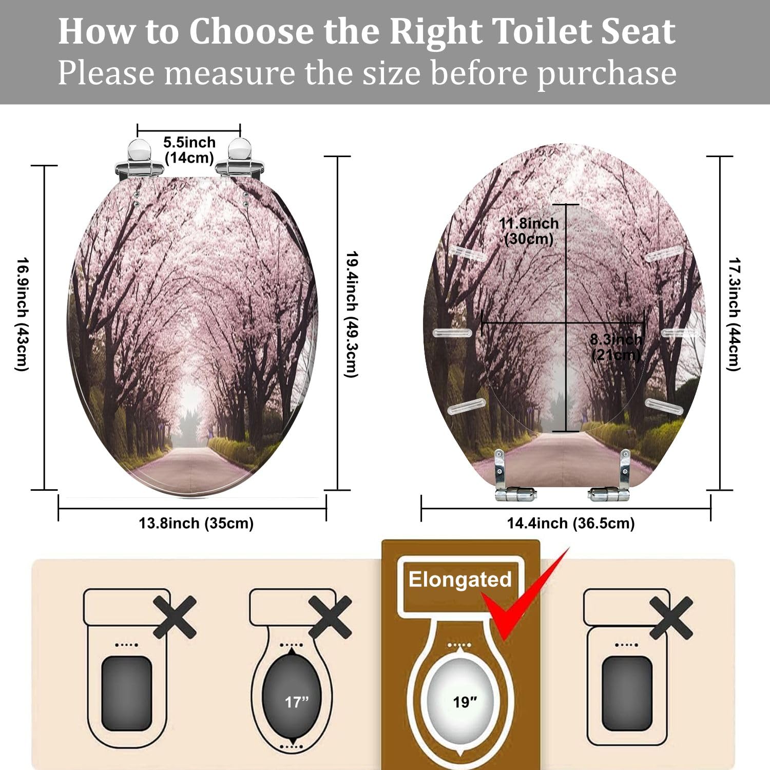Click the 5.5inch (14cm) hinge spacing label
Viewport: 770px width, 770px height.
pyautogui.click(x=189, y=150)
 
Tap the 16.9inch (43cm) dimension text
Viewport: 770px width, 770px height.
pyautogui.click(x=22, y=314)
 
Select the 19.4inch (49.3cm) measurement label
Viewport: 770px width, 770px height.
pyautogui.click(x=351, y=314)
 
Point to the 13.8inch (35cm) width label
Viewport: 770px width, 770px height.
pyautogui.click(x=196, y=524)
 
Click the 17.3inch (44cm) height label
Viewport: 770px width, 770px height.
pyautogui.click(x=735, y=314)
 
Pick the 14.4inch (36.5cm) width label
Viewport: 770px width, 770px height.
pyautogui.click(x=571, y=524)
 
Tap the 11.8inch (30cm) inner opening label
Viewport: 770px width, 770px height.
pyautogui.click(x=529, y=231)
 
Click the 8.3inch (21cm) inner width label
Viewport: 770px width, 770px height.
pyautogui.click(x=615, y=347)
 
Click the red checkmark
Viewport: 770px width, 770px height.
pyautogui.click(x=524, y=595)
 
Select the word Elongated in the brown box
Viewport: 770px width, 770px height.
pyautogui.click(x=460, y=580)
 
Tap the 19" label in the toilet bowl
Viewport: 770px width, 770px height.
pyautogui.click(x=465, y=702)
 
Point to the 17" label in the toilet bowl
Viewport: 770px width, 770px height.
pyautogui.click(x=297, y=702)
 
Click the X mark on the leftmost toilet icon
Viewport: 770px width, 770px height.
pyautogui.click(x=175, y=617)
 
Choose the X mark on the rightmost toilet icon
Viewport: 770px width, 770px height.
pyautogui.click(x=671, y=617)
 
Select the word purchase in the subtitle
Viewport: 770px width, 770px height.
pyautogui.click(x=607, y=73)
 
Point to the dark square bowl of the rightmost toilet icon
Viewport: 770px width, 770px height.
pyautogui.click(x=627, y=693)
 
